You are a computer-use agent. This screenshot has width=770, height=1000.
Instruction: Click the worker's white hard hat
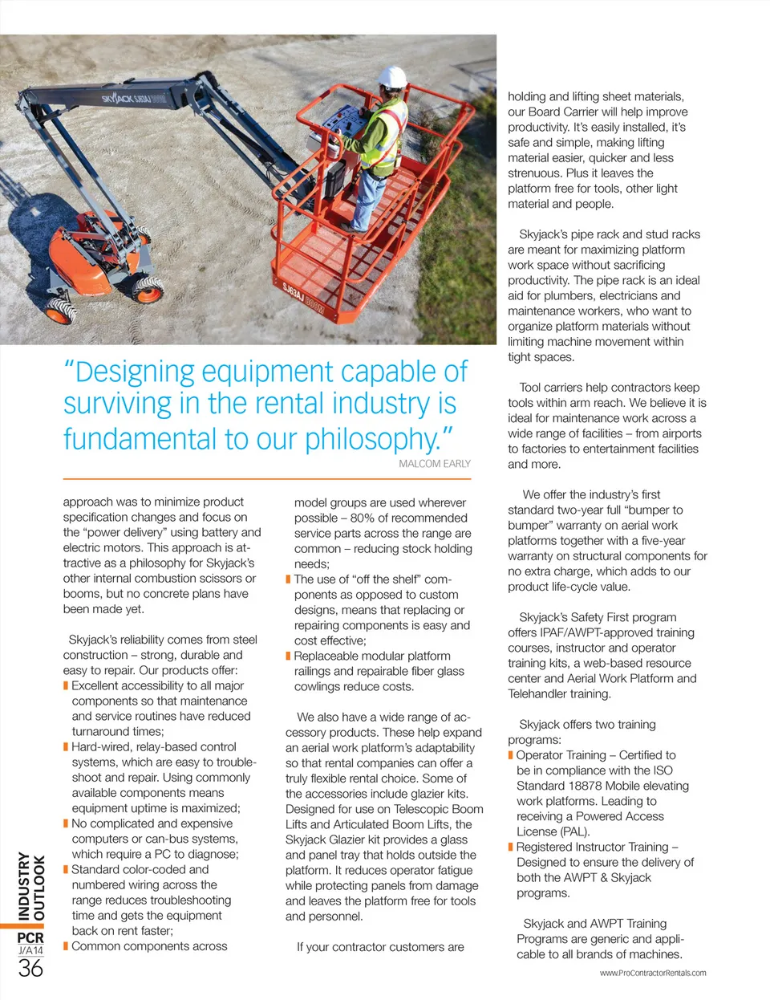point(392,78)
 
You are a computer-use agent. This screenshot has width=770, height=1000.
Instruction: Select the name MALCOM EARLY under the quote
point(435,464)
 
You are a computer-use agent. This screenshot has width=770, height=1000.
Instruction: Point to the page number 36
point(30,968)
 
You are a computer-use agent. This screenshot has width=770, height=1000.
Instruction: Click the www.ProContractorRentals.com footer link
point(653,973)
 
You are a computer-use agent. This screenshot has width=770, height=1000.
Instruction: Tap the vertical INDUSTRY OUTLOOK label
point(31,886)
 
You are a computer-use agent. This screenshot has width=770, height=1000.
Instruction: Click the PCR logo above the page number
point(30,937)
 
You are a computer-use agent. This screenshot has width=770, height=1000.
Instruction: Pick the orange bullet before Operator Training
point(510,755)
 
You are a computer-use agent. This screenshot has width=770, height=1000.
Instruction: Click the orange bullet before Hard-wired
point(66,747)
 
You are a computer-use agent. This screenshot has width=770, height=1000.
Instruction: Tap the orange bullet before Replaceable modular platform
point(289,657)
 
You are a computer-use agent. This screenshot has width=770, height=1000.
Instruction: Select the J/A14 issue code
point(30,951)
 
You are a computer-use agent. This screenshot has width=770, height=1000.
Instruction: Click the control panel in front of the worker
point(344,126)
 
